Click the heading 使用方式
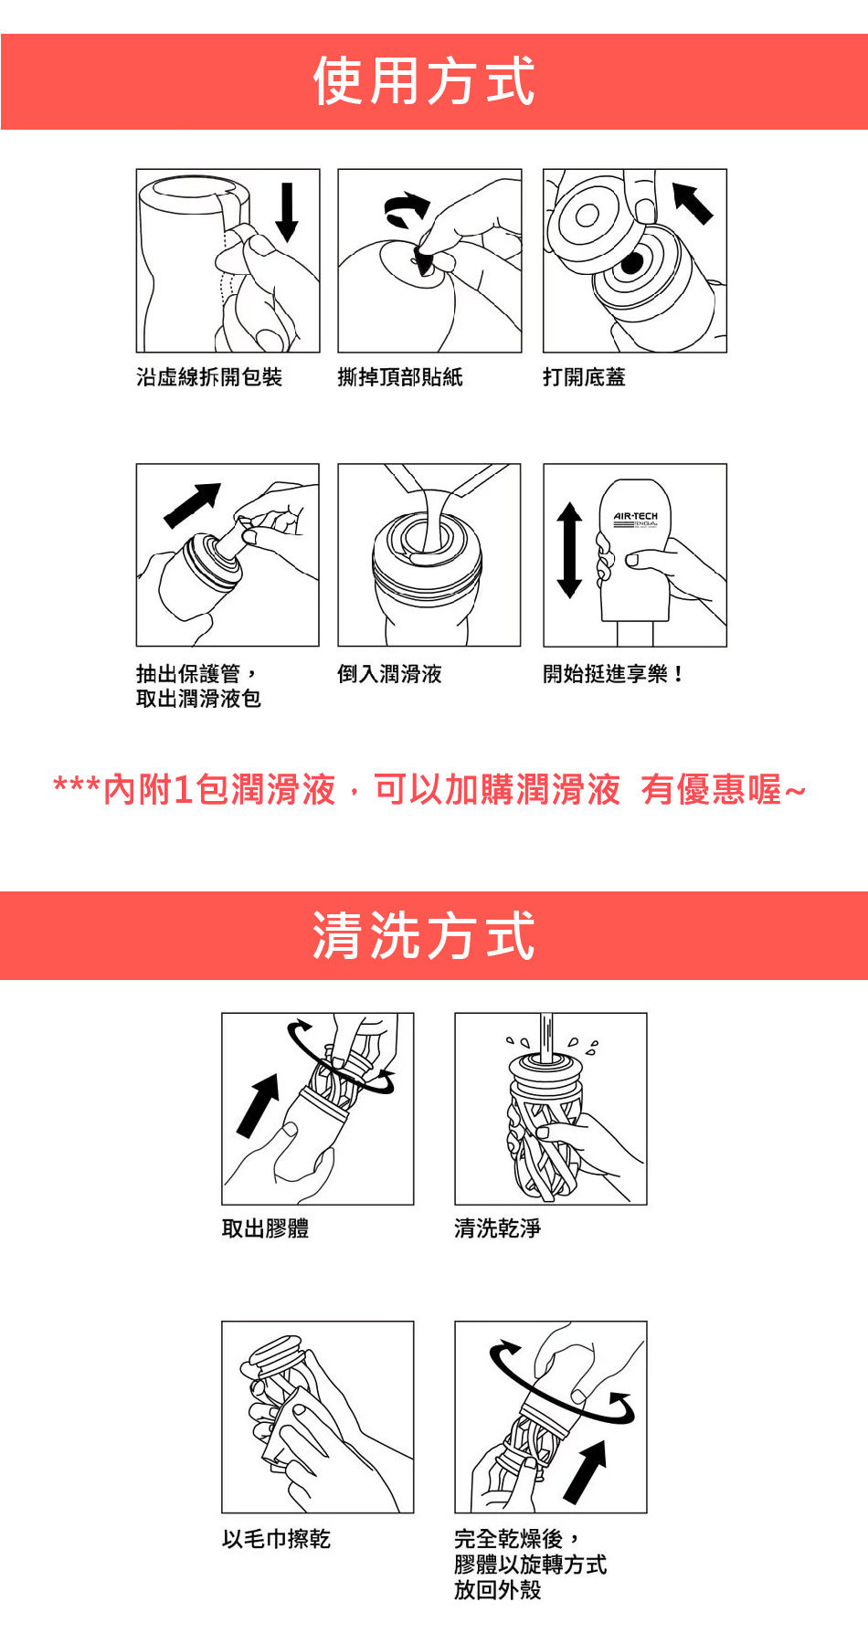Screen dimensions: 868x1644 [x=424, y=81]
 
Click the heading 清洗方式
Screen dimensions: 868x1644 [x=424, y=936]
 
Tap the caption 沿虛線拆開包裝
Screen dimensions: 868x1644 [x=209, y=377]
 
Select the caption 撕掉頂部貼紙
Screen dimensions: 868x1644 [x=400, y=377]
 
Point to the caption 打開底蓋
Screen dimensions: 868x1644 [x=584, y=377]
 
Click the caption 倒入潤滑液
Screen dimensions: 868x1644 [x=390, y=674]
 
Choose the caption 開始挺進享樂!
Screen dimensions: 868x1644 [x=613, y=674]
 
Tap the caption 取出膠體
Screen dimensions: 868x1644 [x=265, y=1228]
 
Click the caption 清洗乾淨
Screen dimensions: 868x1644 [x=498, y=1228]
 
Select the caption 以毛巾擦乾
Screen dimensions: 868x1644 [x=276, y=1539]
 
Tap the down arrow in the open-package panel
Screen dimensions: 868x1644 [x=287, y=212]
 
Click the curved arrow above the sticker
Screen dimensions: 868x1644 [x=408, y=209]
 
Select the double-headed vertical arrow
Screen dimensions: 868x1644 [x=569, y=550]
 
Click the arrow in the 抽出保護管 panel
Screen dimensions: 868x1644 [x=192, y=505]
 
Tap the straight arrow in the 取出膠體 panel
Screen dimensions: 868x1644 [x=259, y=1105]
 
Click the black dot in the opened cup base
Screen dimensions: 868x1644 [x=632, y=264]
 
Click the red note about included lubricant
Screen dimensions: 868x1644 [x=429, y=790]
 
